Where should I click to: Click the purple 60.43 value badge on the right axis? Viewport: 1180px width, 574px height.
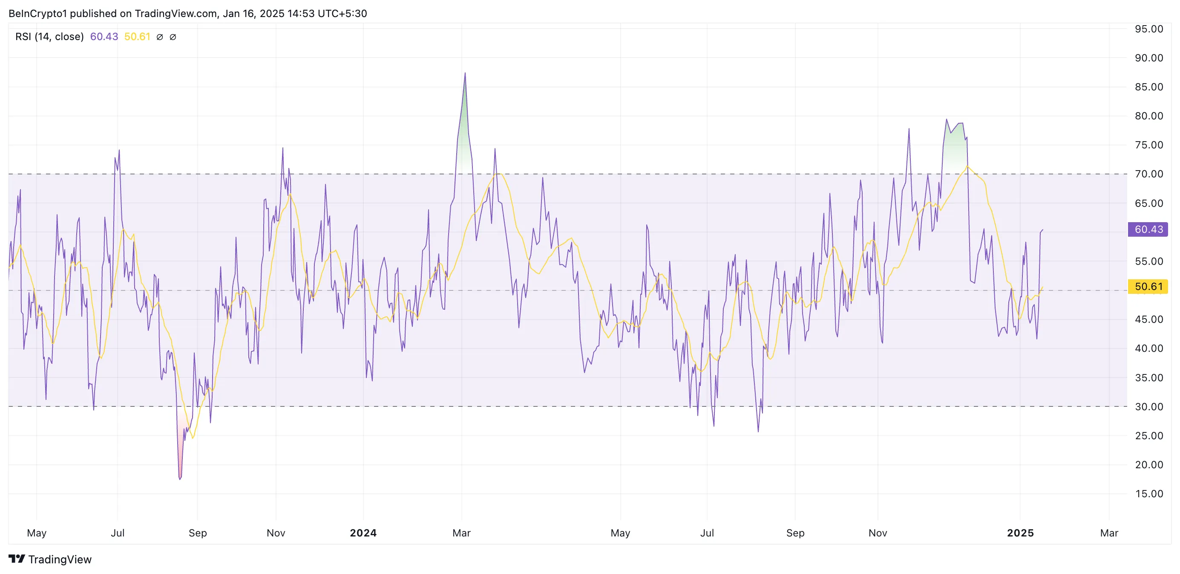tap(1148, 229)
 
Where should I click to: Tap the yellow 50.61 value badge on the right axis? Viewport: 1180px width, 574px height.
tap(1148, 287)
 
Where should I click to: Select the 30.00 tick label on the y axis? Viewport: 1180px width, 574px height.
tap(1148, 407)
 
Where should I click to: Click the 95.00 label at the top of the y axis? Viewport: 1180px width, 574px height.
tap(1148, 29)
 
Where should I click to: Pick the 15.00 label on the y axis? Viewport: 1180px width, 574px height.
tap(1148, 494)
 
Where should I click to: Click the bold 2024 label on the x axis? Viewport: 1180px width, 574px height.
tap(363, 533)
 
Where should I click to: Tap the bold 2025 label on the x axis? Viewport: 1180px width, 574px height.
tap(1020, 533)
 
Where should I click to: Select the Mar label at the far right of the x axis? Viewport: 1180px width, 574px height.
tap(1108, 533)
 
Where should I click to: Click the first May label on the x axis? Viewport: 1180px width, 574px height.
tap(37, 533)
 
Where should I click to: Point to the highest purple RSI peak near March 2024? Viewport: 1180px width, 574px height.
tap(465, 73)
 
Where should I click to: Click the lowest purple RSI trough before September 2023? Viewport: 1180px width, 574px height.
tap(180, 478)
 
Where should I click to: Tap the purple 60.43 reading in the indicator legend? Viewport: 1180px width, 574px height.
tap(104, 37)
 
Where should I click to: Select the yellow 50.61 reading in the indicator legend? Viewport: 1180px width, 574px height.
tap(137, 37)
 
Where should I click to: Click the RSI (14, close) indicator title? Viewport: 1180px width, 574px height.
tap(49, 37)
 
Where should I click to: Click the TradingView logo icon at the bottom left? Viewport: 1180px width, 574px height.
tap(17, 559)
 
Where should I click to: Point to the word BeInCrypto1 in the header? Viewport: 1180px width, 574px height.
tap(37, 13)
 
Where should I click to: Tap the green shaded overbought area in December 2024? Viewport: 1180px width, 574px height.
tap(956, 147)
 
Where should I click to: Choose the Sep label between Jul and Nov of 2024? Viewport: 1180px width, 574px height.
tap(795, 533)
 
